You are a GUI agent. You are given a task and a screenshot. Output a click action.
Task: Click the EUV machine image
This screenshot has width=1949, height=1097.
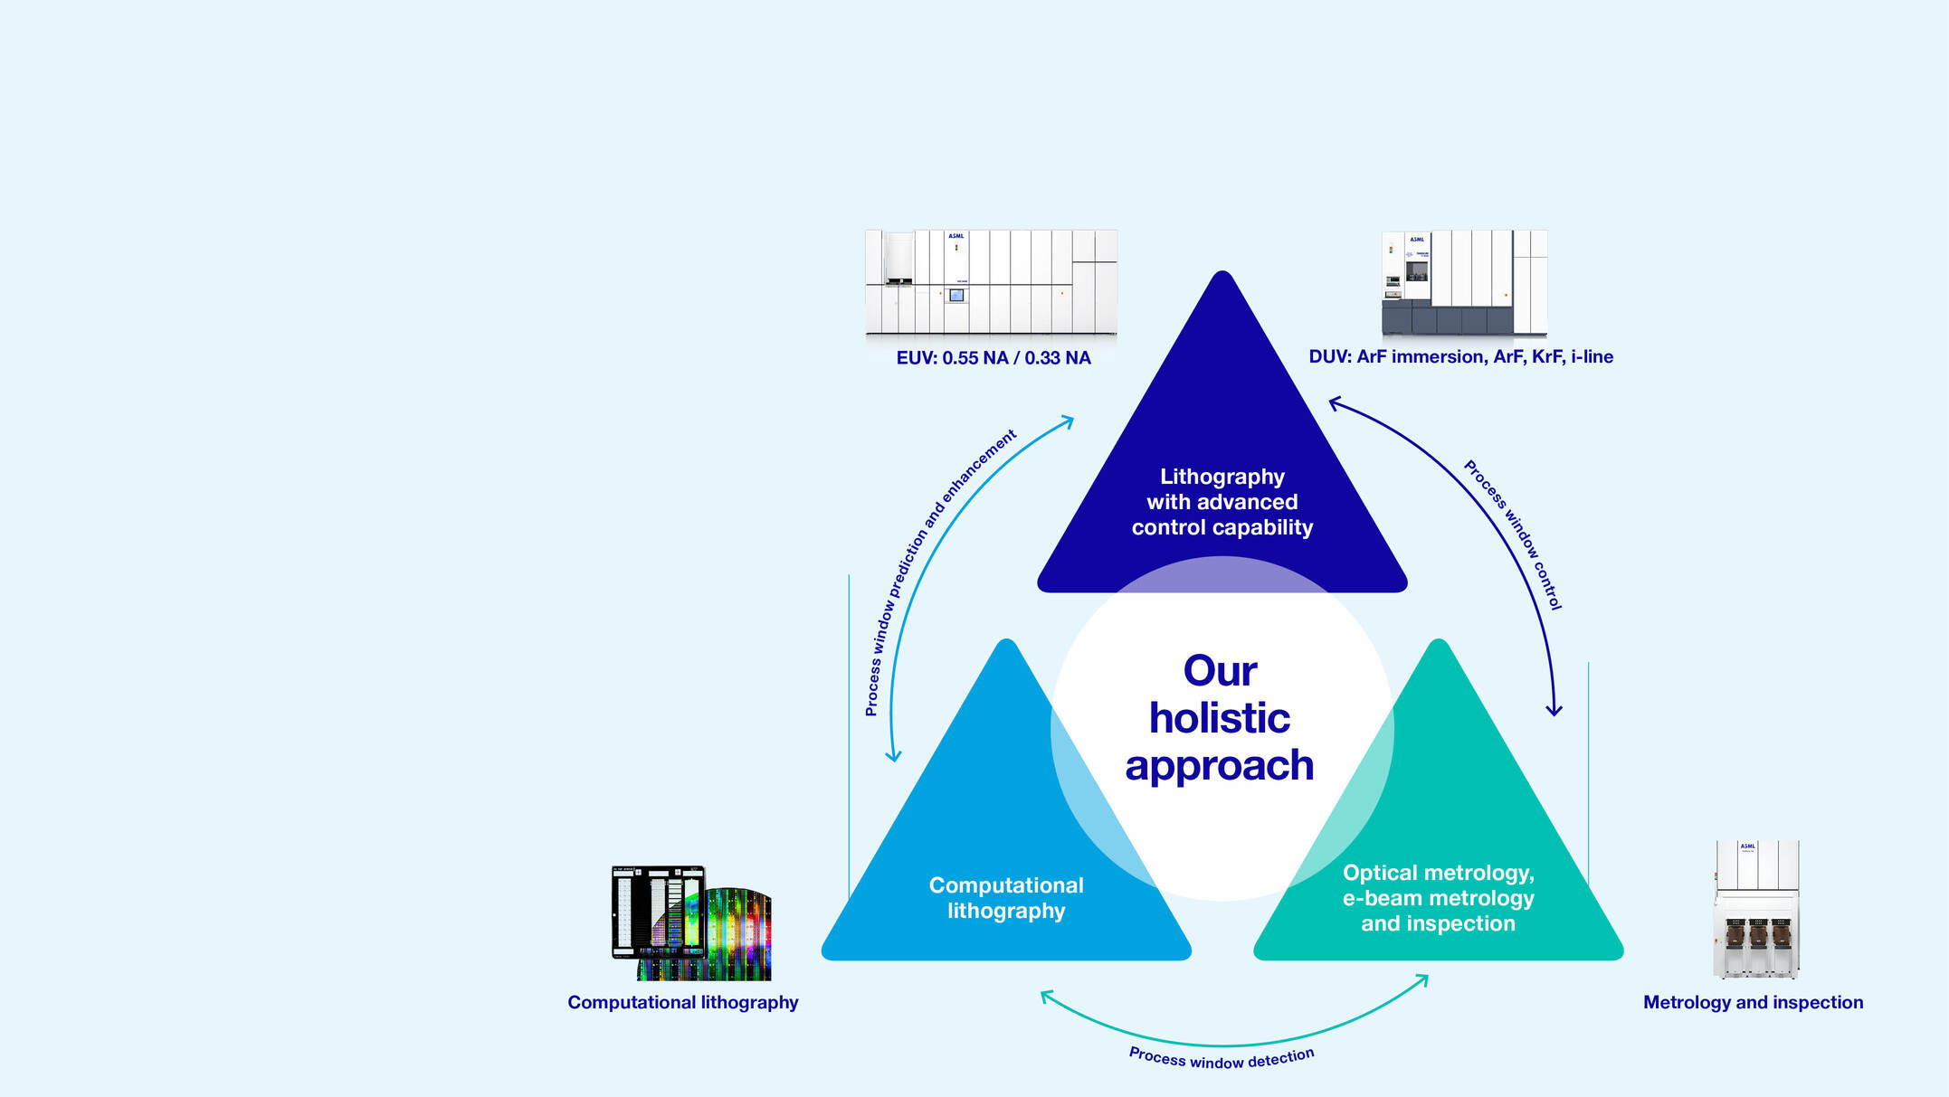pos(991,282)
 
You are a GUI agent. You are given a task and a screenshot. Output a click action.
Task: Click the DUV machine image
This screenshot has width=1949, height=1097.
pos(1463,282)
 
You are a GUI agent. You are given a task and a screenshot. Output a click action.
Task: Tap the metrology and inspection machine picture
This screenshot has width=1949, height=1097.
pos(1755,909)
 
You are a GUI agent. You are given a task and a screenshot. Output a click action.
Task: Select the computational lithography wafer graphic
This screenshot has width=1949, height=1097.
pos(692,922)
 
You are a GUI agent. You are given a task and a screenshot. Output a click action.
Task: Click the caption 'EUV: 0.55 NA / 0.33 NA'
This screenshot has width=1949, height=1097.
pos(994,358)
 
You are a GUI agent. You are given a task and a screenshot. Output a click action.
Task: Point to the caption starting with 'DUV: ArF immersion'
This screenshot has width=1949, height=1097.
pos(1460,356)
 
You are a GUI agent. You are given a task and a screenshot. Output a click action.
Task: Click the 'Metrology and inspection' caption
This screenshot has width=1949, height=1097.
pos(1753,1002)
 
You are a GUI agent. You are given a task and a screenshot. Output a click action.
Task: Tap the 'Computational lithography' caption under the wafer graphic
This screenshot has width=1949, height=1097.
pos(682,1002)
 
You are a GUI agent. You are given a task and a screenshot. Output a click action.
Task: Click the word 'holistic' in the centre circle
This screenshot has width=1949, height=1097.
pos(1220,718)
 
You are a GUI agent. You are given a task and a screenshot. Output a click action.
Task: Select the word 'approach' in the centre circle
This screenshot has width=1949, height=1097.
pos(1219,765)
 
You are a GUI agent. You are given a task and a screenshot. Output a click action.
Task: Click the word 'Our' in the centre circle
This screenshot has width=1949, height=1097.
pos(1220,671)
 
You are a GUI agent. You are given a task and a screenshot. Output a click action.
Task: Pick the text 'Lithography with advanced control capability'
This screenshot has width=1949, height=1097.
pos(1222,502)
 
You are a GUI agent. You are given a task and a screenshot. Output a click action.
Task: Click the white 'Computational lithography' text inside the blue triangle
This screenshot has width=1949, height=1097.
pos(1006,898)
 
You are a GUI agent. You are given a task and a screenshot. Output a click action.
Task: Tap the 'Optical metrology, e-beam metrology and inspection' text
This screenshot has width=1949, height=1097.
pos(1438,898)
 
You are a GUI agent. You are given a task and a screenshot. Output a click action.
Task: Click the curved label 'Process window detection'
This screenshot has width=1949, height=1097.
pos(1222,1058)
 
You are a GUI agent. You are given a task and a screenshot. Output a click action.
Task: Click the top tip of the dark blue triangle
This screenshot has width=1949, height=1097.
pos(1222,275)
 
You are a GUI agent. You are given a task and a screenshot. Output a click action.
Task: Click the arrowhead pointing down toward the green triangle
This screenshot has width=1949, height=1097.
pos(1554,710)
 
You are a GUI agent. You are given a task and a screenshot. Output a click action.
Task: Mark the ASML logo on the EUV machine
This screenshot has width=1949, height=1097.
pos(955,236)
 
